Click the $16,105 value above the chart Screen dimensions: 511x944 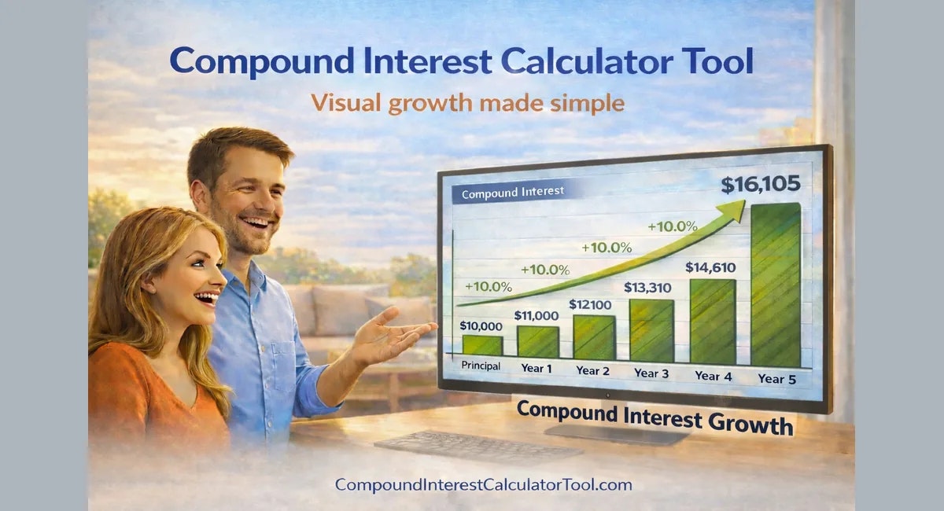pos(760,185)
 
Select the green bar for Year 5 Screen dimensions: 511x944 pos(775,285)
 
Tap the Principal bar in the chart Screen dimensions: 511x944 pos(481,344)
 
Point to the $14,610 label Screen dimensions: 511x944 pos(710,267)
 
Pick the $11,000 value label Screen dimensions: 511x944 pos(537,315)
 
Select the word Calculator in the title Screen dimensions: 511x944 pos(555,61)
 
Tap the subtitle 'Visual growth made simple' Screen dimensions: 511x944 pos(467,102)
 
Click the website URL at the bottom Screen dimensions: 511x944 pos(483,485)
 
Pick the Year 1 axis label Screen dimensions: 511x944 pos(537,367)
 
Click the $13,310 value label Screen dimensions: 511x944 pos(650,288)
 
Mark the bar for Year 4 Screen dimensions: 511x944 pos(712,322)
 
